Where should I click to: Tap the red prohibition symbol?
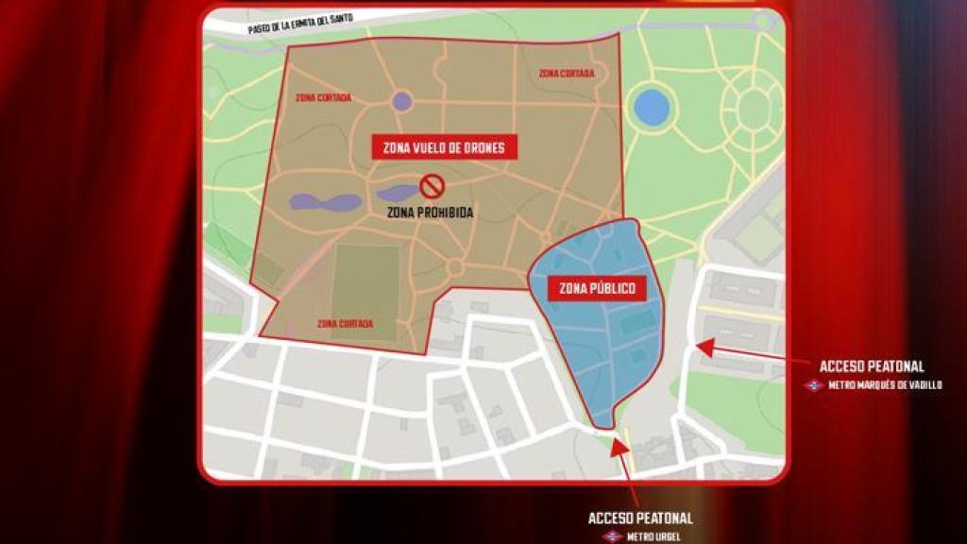(432, 185)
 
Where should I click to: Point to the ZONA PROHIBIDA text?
(430, 212)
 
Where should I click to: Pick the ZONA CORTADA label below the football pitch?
(345, 324)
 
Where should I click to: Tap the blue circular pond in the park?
(651, 108)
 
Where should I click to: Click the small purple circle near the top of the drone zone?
(402, 101)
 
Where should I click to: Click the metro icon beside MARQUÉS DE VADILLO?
(813, 385)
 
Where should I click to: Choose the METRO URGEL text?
(653, 536)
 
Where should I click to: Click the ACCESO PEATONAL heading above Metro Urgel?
(640, 518)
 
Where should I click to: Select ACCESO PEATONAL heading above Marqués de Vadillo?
(872, 366)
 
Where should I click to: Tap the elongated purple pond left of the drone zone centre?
(326, 202)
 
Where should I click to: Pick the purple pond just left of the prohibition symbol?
(397, 194)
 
